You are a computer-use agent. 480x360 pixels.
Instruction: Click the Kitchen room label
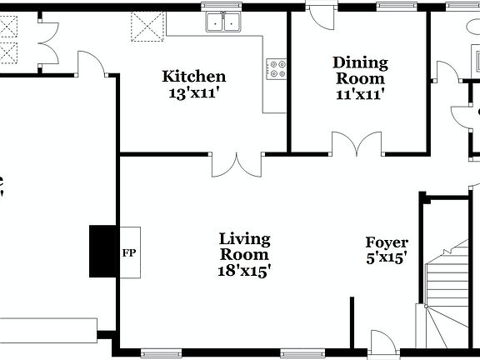(194, 77)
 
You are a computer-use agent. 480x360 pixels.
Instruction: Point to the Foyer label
(387, 242)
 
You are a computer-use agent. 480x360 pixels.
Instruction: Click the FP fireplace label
(128, 252)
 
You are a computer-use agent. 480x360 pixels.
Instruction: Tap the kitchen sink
(223, 22)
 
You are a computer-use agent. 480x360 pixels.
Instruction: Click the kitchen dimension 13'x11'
(194, 93)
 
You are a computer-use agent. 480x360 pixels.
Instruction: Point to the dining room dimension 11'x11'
(360, 94)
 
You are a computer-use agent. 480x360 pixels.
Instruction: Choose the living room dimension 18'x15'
(244, 270)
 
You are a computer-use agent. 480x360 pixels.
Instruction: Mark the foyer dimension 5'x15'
(387, 258)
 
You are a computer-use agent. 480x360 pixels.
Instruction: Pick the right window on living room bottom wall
(302, 350)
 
